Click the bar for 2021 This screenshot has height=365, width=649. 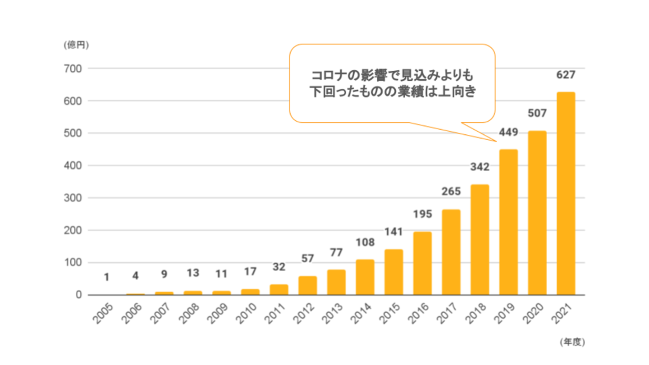[566, 194]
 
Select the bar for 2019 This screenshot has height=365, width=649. [508, 222]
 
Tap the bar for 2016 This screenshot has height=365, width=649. [422, 263]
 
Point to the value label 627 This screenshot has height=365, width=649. [566, 75]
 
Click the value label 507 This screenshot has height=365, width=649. [537, 114]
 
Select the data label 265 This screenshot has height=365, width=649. [451, 192]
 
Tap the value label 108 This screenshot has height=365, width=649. [365, 242]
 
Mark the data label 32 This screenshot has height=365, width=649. [279, 267]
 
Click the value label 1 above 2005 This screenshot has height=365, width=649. [106, 277]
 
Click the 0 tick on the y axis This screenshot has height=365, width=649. [78, 295]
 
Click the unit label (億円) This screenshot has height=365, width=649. [76, 45]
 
